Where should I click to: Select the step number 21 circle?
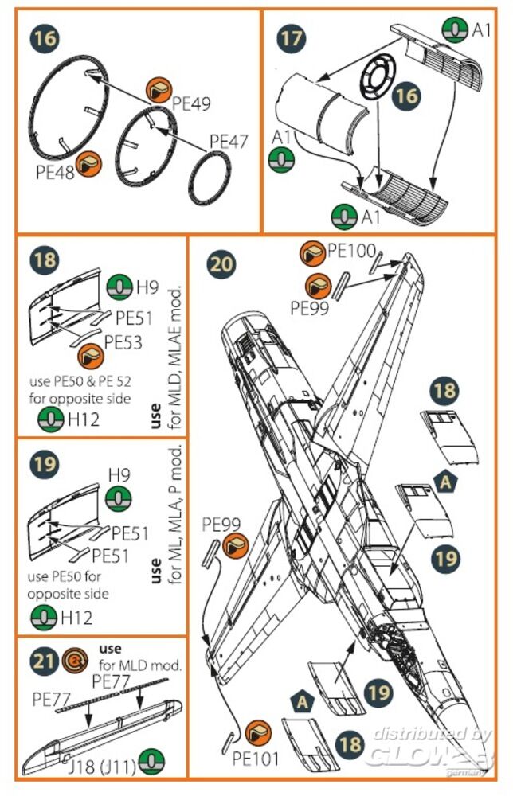43,659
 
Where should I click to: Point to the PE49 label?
191,103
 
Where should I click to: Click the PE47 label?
229,142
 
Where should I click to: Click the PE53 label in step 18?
123,342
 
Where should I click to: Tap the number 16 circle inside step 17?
405,96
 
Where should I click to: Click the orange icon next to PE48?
90,163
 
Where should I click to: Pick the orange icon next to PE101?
256,732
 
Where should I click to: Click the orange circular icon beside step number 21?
73,659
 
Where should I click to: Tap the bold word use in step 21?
110,649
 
